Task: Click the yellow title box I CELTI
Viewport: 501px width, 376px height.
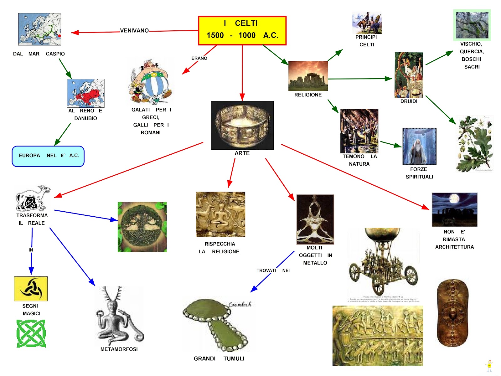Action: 242,30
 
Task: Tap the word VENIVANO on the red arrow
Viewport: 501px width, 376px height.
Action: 134,30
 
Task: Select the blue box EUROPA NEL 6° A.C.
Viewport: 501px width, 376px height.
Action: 48,156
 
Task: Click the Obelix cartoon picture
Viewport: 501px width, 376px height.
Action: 151,81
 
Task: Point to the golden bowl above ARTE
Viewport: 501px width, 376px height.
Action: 242,125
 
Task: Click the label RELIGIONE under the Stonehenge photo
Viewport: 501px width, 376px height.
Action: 308,95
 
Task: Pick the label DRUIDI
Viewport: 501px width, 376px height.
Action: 409,101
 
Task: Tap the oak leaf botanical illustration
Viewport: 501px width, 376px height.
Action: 474,144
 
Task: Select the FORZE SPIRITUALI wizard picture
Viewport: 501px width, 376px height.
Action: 419,146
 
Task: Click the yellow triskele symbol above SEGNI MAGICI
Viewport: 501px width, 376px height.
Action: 31,289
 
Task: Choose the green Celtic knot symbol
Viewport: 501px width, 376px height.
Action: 31,333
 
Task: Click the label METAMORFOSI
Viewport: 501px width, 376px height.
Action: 119,349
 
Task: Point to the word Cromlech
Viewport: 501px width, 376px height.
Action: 240,304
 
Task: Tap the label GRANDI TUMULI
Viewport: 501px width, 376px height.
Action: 219,359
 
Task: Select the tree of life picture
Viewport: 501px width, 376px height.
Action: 142,227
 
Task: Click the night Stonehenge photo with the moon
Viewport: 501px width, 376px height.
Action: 455,209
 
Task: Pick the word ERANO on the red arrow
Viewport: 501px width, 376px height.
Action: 199,58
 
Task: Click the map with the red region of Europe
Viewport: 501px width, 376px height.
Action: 86,93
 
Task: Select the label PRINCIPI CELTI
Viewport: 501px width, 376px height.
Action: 366,41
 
